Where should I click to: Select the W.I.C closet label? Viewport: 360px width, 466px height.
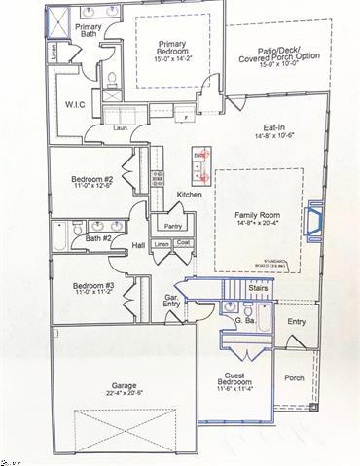click(77, 104)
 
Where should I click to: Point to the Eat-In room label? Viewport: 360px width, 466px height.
click(274, 127)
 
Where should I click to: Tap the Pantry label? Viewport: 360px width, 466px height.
click(173, 225)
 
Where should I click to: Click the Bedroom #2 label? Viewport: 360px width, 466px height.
click(92, 179)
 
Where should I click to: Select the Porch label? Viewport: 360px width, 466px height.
click(294, 378)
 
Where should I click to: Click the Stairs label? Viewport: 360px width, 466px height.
click(258, 287)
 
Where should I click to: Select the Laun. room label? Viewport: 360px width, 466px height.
click(122, 126)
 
